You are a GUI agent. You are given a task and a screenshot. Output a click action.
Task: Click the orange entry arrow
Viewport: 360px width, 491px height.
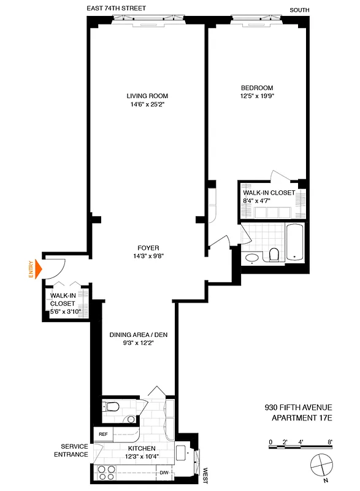point(38,268)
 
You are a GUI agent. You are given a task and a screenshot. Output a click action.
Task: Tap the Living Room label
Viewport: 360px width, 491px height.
point(147,96)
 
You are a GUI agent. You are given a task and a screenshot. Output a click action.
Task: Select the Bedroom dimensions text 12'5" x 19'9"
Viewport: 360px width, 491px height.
point(257,96)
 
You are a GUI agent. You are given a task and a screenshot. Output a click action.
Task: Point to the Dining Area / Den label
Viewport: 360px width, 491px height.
point(139,334)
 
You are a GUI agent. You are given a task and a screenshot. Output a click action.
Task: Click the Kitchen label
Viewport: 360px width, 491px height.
point(142,449)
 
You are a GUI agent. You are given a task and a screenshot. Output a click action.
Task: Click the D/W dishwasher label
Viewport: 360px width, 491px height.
point(164,473)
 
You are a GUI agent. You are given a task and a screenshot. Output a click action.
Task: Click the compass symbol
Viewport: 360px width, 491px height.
point(320,465)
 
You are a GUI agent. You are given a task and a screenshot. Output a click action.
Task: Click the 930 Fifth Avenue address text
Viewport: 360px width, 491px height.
point(297,406)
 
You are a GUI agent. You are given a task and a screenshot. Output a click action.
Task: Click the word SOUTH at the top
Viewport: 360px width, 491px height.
point(300,9)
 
